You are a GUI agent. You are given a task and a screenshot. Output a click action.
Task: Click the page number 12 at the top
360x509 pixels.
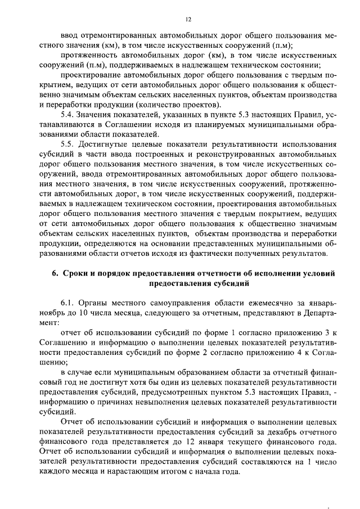coord(181,18)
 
